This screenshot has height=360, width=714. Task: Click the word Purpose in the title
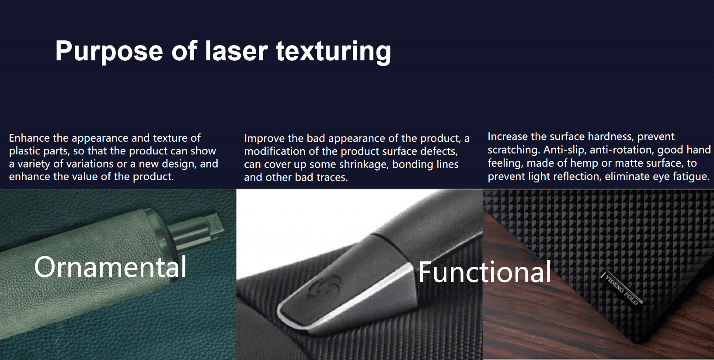coord(109,51)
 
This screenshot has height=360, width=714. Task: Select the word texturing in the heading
coord(334,52)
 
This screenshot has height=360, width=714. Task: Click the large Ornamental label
coord(110,267)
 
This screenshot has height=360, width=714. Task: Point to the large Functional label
coord(484,272)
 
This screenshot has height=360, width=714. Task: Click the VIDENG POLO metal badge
coord(622,289)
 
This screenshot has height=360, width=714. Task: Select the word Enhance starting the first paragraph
coord(29,138)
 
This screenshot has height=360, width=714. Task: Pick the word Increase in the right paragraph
coord(506,136)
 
